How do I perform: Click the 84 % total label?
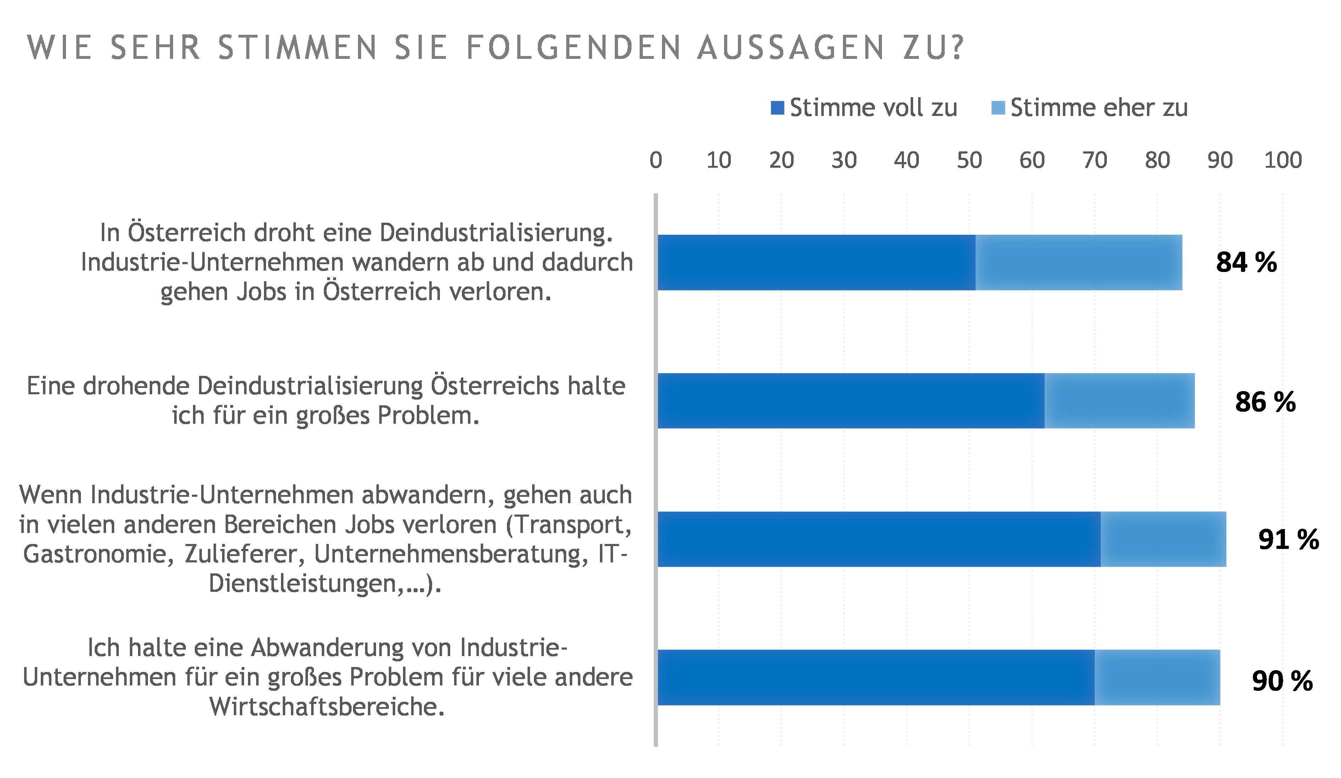click(x=1246, y=263)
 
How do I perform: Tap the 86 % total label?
click(x=1265, y=402)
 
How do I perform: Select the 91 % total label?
click(x=1288, y=540)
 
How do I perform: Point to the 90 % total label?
click(x=1282, y=681)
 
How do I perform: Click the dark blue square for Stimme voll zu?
click(x=777, y=108)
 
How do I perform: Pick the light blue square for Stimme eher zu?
click(x=998, y=108)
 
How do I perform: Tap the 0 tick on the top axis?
click(x=656, y=160)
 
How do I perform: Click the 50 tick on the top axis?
click(x=969, y=160)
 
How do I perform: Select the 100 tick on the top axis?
click(x=1282, y=160)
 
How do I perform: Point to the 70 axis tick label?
click(x=1095, y=160)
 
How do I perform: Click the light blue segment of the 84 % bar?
click(x=1078, y=263)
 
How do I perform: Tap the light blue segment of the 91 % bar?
click(x=1163, y=539)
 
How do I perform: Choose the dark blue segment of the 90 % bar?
click(x=876, y=678)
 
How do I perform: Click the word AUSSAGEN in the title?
click(x=791, y=48)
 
